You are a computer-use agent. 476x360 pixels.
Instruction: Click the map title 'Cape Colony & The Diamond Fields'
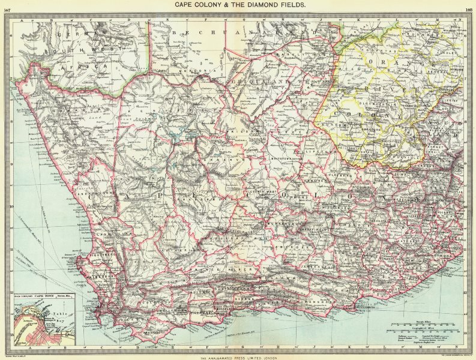click(240, 4)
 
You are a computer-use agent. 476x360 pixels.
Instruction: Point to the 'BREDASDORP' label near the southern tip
click(154, 331)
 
